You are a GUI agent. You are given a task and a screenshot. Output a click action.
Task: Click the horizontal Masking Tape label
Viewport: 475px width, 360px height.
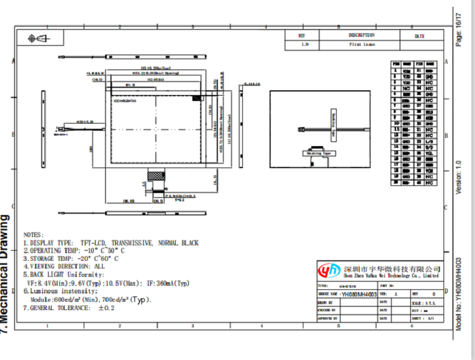click(x=318, y=153)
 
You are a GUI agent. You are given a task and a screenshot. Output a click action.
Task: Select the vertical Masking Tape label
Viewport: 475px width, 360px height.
click(x=334, y=125)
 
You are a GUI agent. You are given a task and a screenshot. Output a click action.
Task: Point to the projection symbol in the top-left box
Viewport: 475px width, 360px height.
click(x=39, y=39)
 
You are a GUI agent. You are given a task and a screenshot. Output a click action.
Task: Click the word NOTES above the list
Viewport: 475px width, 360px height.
click(x=33, y=235)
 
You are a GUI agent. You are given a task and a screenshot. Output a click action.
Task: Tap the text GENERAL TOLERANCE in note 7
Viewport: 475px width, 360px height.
click(x=60, y=308)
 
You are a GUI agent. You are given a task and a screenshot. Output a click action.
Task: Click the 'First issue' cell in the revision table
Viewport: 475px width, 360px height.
click(x=362, y=45)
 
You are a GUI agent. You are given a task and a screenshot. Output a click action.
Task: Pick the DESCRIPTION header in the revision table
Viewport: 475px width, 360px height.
click(x=362, y=36)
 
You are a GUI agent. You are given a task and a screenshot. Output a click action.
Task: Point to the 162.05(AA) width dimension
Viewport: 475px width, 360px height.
click(x=156, y=78)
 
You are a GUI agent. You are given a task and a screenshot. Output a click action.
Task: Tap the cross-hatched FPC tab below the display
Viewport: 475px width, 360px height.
click(x=156, y=176)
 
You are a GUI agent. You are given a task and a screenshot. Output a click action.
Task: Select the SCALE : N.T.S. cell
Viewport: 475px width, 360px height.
click(x=422, y=302)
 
